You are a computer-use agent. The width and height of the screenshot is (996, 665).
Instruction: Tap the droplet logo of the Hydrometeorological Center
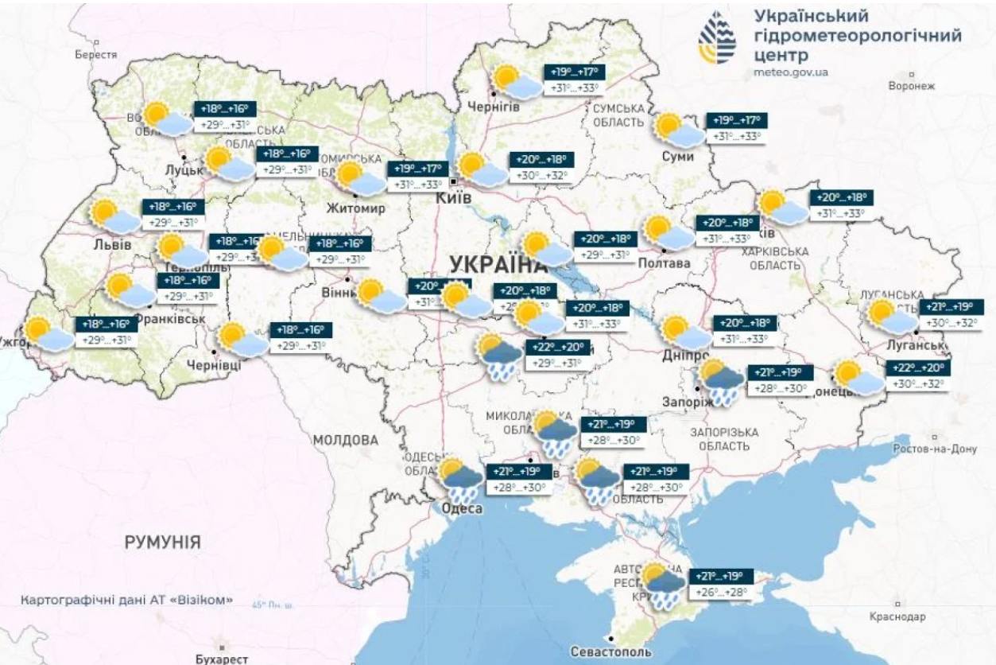pos(717,38)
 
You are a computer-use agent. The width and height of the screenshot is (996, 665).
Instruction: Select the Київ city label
pos(454,197)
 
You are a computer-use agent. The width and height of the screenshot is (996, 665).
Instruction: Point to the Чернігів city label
pos(494,107)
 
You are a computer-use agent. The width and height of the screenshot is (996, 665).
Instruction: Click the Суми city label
pos(677,157)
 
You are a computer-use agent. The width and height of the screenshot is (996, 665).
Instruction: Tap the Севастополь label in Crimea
pos(611,651)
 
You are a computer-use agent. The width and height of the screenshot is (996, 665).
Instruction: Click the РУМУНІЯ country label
pos(162,542)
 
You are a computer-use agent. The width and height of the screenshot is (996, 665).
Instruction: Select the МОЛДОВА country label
pos(345,440)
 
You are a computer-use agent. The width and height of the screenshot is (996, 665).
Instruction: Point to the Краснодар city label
pos(897,616)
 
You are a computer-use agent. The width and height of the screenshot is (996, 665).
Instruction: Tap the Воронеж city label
pos(912,85)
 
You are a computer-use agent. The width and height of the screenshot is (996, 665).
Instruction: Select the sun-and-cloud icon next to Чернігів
pos(514,83)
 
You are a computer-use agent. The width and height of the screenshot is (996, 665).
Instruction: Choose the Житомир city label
pos(355,208)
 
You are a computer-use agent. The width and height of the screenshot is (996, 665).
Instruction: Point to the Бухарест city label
pos(222,659)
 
